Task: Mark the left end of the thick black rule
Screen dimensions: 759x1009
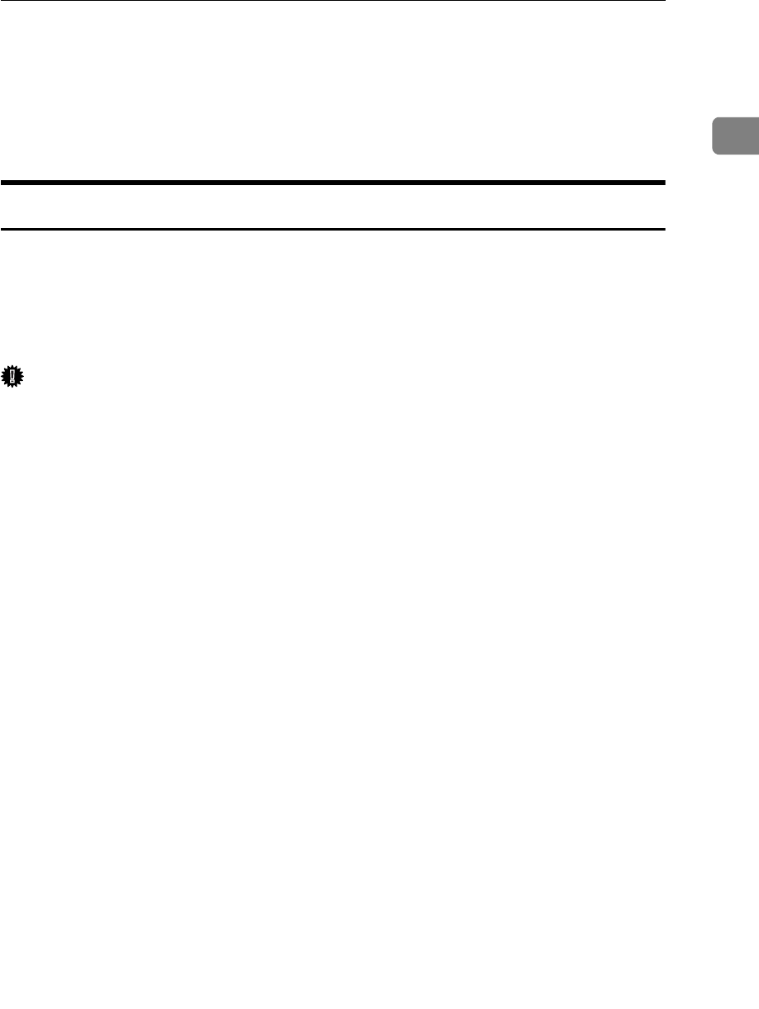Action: click(x=2, y=181)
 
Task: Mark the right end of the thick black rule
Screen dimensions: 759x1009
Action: click(x=663, y=181)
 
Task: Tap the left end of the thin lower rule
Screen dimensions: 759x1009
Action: click(x=2, y=229)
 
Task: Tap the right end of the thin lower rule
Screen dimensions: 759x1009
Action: click(x=663, y=229)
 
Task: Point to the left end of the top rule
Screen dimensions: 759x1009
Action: click(x=2, y=1)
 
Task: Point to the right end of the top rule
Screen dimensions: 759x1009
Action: click(x=663, y=1)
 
